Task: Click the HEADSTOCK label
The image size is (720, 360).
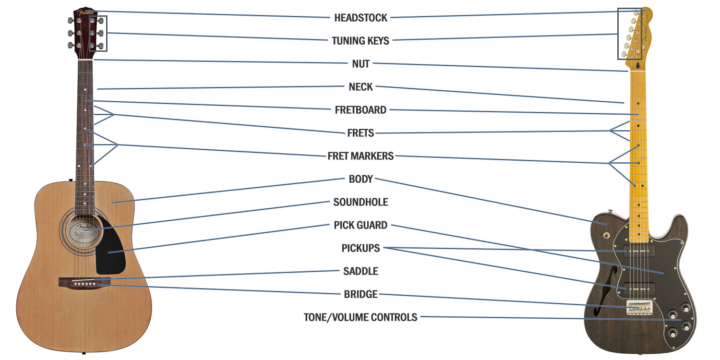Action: tap(360, 18)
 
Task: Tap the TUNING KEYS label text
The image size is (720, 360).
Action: tap(360, 41)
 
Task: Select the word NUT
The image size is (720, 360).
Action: tap(360, 64)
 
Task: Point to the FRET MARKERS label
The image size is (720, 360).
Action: tap(360, 156)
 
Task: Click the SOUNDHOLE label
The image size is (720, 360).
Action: tap(360, 202)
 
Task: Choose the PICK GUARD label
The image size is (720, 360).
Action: tap(360, 225)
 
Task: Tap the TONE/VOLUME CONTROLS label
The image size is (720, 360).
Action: tap(360, 317)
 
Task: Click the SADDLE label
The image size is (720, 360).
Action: tap(360, 271)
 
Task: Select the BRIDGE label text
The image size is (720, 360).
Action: tap(360, 294)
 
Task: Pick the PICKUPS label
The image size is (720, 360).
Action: tap(360, 248)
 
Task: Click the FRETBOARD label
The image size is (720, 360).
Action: tap(360, 110)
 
